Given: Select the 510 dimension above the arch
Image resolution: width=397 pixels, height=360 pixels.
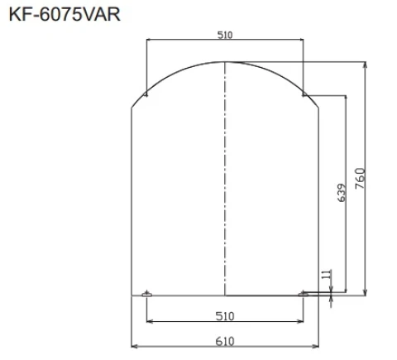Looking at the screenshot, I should point(225,35).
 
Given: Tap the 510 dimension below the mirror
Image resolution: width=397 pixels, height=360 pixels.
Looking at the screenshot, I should point(225,315).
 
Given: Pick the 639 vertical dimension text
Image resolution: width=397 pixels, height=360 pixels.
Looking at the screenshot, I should point(341,194).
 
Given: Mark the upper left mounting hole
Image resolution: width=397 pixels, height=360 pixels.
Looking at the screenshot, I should point(146,94).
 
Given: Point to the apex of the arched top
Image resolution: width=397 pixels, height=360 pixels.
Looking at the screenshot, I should point(225,62).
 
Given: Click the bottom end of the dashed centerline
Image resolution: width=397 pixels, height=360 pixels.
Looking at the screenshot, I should point(225,295).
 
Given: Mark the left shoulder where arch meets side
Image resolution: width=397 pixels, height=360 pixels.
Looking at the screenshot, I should point(132,108).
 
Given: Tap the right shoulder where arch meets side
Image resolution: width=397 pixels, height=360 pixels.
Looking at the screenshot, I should point(318,108).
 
